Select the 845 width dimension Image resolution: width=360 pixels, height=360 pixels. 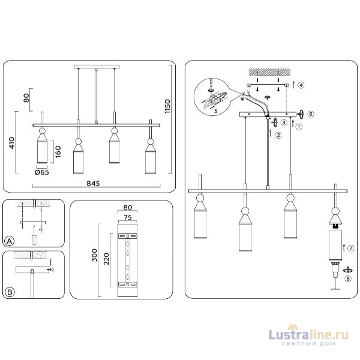coord(94,183)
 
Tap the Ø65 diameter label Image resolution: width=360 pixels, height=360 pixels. coord(42,173)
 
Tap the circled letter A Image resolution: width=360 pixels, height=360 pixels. coord(9,241)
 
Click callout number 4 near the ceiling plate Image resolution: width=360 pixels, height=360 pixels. coord(301,85)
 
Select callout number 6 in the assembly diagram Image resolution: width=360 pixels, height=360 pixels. coord(311,113)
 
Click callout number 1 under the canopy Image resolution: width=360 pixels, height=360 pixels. coord(299,126)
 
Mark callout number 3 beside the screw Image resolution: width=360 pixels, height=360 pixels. coord(283,122)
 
